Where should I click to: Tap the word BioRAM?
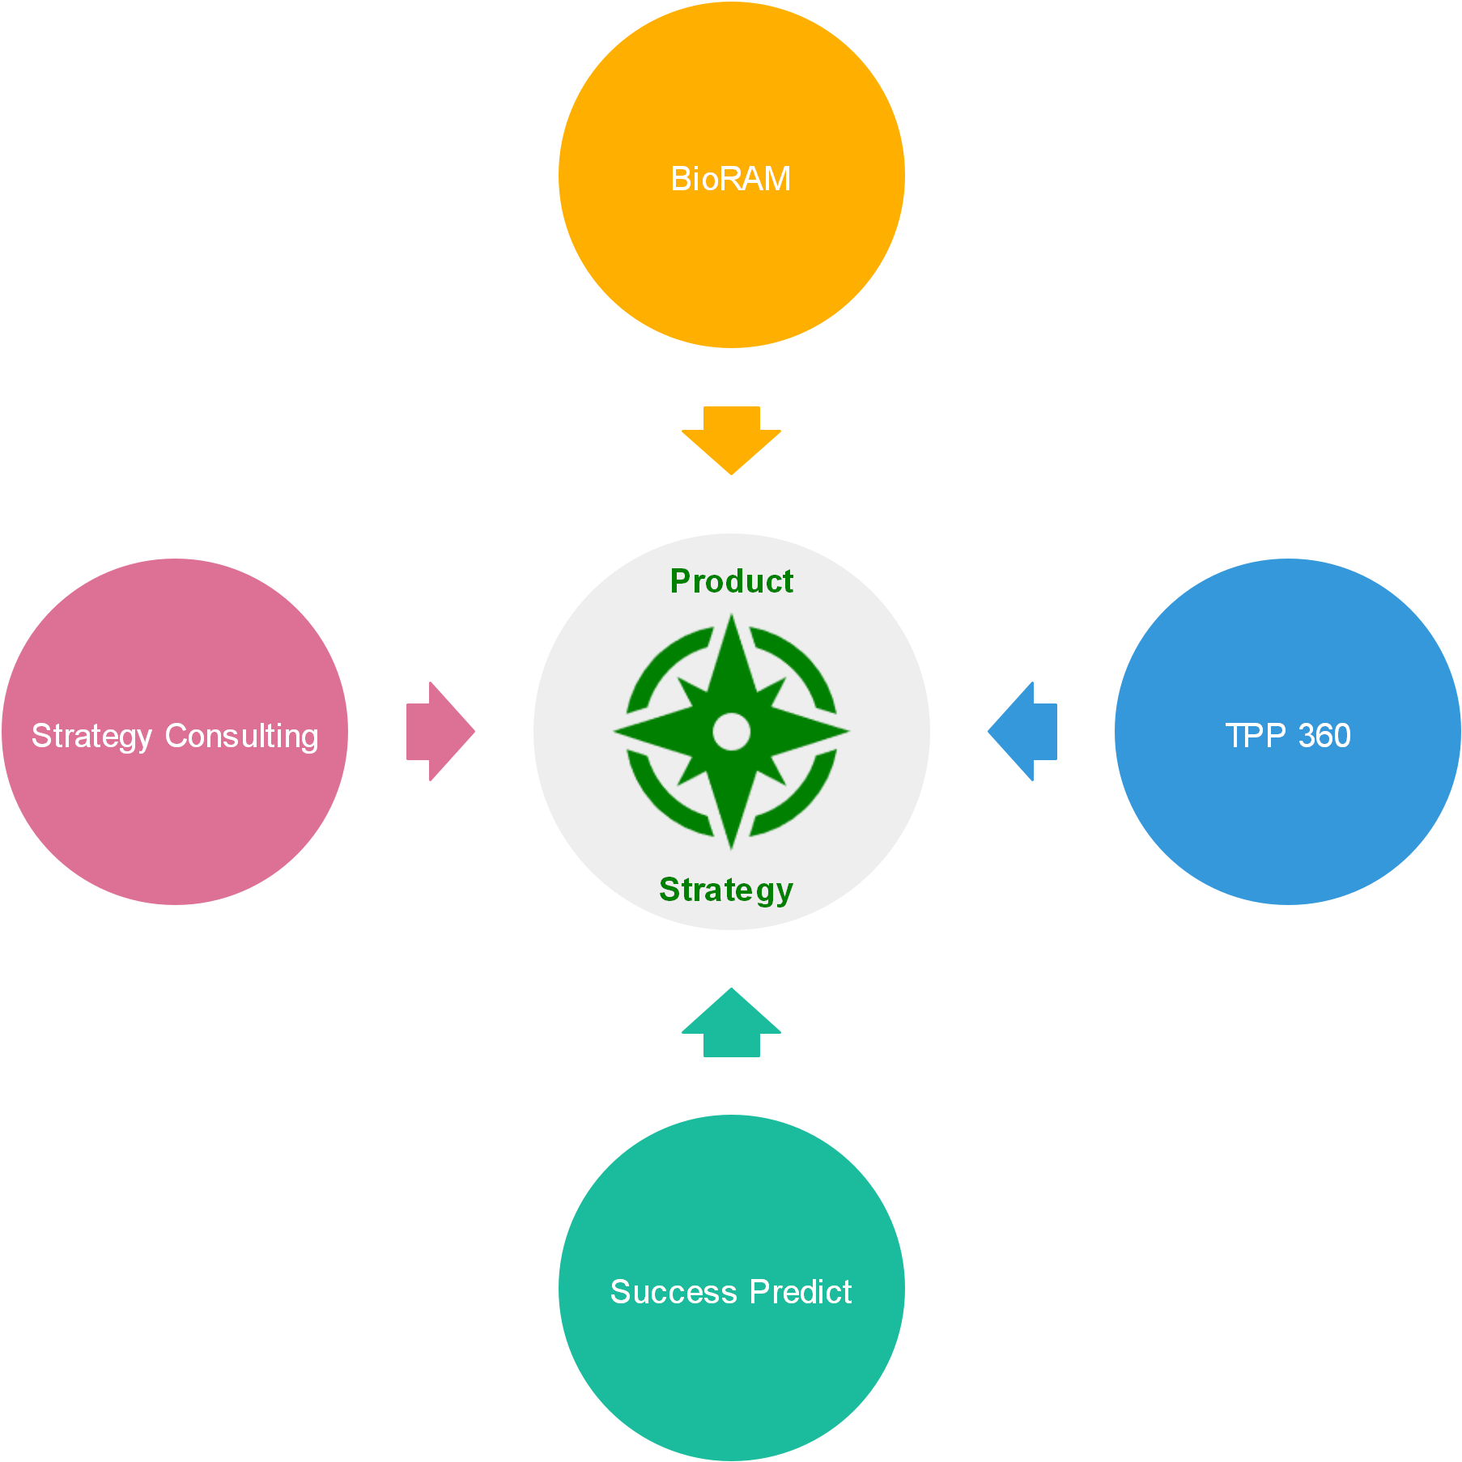[730, 179]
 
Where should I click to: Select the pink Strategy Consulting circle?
[175, 818]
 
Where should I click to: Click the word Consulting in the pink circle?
[241, 736]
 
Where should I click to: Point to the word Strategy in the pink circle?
[91, 736]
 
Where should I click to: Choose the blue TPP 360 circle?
[1287, 818]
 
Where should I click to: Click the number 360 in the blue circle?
[1324, 736]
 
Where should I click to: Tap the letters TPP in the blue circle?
[1256, 736]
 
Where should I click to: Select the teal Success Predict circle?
[731, 1376]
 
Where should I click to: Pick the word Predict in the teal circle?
[801, 1292]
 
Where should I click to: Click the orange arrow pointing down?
[731, 441]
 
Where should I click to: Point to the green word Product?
[731, 581]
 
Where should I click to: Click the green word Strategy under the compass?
[725, 889]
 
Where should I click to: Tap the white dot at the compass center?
[731, 731]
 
